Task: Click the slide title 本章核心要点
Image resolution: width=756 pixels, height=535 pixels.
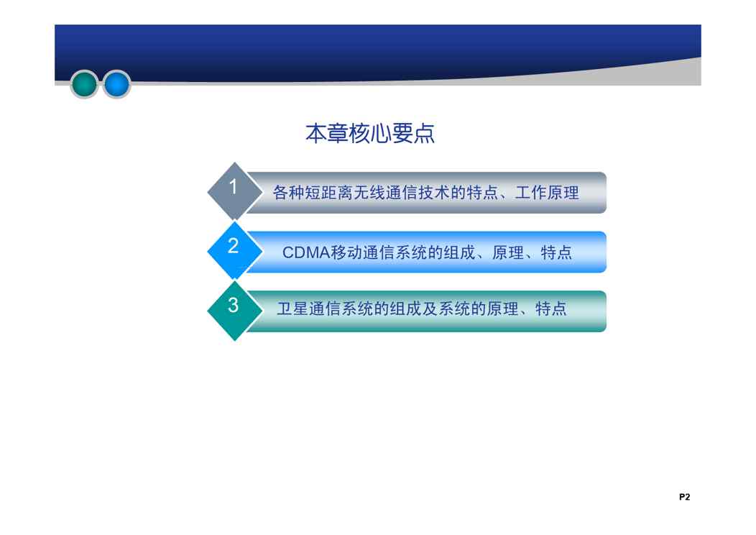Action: pyautogui.click(x=370, y=133)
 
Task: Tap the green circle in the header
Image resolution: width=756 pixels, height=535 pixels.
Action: pyautogui.click(x=84, y=84)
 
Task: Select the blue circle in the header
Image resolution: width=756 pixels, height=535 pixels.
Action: pyautogui.click(x=116, y=84)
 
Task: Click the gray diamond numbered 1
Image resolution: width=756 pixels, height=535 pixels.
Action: pyautogui.click(x=234, y=191)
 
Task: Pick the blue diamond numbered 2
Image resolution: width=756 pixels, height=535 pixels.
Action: pyautogui.click(x=234, y=251)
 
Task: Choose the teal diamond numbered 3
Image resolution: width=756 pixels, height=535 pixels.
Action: pyautogui.click(x=234, y=311)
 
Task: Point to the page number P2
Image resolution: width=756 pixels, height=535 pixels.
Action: pyautogui.click(x=684, y=497)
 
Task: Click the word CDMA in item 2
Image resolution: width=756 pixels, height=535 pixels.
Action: pyautogui.click(x=305, y=252)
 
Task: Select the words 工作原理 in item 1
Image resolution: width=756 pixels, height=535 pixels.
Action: pyautogui.click(x=547, y=193)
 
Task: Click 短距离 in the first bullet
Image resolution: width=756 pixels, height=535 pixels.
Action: pyautogui.click(x=328, y=193)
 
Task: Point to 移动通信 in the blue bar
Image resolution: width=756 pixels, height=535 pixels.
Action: pyautogui.click(x=362, y=252)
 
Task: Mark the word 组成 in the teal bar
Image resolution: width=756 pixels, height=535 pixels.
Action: pyautogui.click(x=406, y=308)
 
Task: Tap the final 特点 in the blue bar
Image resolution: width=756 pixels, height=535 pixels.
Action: pyautogui.click(x=556, y=252)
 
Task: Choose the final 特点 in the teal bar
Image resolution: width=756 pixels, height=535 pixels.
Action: pyautogui.click(x=550, y=308)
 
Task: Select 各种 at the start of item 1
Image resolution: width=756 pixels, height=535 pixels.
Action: pyautogui.click(x=288, y=193)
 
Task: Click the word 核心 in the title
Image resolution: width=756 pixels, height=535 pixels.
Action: pyautogui.click(x=370, y=133)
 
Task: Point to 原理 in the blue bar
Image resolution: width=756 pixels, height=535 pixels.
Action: pyautogui.click(x=507, y=252)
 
